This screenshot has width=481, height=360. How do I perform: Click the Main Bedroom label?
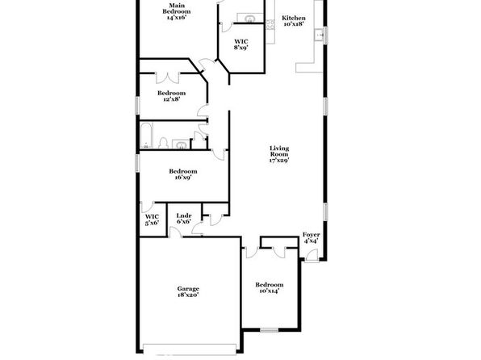pyautogui.click(x=177, y=11)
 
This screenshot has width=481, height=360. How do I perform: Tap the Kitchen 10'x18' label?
pyautogui.click(x=294, y=21)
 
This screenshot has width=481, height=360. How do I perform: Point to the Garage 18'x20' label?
pyautogui.click(x=188, y=291)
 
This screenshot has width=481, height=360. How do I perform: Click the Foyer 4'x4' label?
pyautogui.click(x=311, y=237)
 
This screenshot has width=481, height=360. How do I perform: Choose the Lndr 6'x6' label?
pyautogui.click(x=184, y=219)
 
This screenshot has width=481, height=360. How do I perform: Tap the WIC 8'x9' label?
pyautogui.click(x=241, y=44)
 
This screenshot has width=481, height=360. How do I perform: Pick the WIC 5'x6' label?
pyautogui.click(x=152, y=220)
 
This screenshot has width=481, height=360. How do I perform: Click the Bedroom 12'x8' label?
pyautogui.click(x=171, y=96)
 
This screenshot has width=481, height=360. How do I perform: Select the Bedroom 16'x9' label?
pyautogui.click(x=183, y=174)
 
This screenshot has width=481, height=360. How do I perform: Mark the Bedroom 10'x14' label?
pyautogui.click(x=270, y=287)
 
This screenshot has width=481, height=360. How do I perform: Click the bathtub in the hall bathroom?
pyautogui.click(x=146, y=136)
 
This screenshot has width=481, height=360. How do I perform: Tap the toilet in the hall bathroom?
pyautogui.click(x=163, y=143)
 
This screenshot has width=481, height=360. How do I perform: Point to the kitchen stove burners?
pyautogui.click(x=270, y=25)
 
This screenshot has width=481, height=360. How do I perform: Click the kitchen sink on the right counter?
pyautogui.click(x=319, y=35)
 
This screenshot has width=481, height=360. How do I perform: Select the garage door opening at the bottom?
pyautogui.click(x=190, y=350)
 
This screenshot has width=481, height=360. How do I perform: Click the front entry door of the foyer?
pyautogui.click(x=312, y=255)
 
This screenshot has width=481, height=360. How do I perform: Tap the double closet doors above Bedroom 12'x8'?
pyautogui.click(x=168, y=77)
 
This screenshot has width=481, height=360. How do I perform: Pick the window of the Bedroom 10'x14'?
pyautogui.click(x=269, y=330)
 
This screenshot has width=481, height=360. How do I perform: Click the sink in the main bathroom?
pyautogui.click(x=250, y=19)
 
